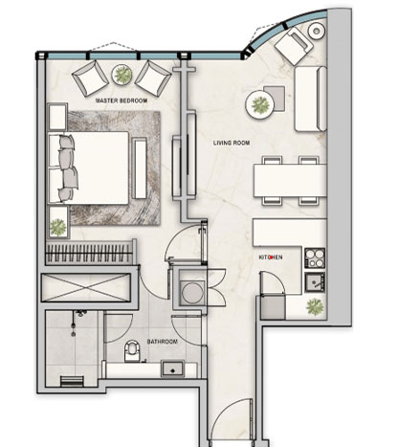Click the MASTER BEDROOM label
(122, 101)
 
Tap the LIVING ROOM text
(232, 143)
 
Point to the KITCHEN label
(271, 257)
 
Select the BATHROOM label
(162, 342)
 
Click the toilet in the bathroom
(132, 351)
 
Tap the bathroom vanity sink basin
(172, 369)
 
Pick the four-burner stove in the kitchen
(315, 258)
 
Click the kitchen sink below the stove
(315, 282)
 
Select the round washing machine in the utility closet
(192, 292)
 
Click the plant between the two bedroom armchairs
(122, 75)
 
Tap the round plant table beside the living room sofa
(259, 104)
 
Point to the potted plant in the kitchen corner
(315, 307)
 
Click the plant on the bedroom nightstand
(58, 227)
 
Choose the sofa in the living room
(311, 99)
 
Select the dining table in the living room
(290, 181)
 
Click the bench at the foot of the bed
(139, 168)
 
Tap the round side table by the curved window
(317, 31)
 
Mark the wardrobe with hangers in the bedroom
(91, 253)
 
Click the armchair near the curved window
(294, 45)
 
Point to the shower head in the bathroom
(81, 313)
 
